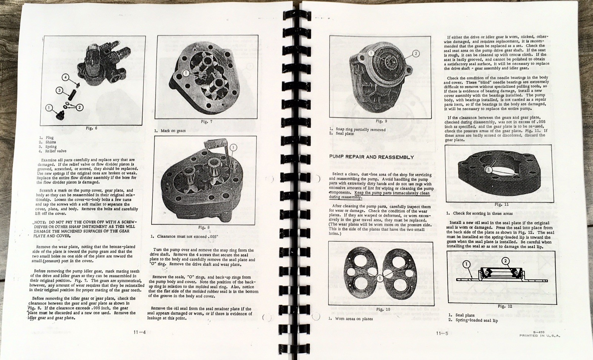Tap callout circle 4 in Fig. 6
[65, 78]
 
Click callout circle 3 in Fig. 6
[59, 90]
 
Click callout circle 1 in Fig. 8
[233, 147]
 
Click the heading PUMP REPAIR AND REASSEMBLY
[371, 157]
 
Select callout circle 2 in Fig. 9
[415, 54]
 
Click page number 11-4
[139, 332]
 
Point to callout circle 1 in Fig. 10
[380, 277]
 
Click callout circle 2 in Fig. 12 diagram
[505, 261]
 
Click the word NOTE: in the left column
[40, 222]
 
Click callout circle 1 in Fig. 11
[488, 170]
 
